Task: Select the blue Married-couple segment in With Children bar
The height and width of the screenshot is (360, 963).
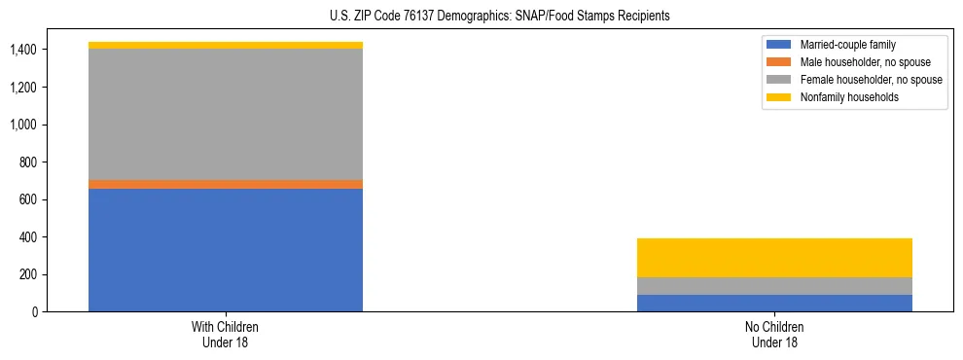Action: click(x=226, y=250)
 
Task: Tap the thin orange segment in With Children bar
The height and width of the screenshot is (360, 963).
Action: click(x=226, y=184)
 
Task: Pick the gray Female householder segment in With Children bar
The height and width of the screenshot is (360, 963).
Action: click(x=226, y=114)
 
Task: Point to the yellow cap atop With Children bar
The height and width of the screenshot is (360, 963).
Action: click(x=226, y=45)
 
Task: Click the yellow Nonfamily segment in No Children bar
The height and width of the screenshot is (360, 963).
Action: click(x=774, y=258)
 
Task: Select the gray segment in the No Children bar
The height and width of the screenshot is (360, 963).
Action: click(x=774, y=286)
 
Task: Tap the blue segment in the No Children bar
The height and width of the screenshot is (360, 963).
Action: click(x=774, y=303)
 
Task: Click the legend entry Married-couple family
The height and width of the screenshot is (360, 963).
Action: click(x=847, y=45)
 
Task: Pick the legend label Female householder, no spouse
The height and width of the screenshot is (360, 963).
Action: click(x=871, y=80)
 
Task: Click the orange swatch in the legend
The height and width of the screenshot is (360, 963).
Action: click(x=779, y=62)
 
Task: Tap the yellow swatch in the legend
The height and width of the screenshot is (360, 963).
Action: click(x=779, y=97)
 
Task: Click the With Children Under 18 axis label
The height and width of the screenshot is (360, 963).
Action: click(x=226, y=335)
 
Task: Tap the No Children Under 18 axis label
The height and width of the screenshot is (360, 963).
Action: click(x=774, y=335)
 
